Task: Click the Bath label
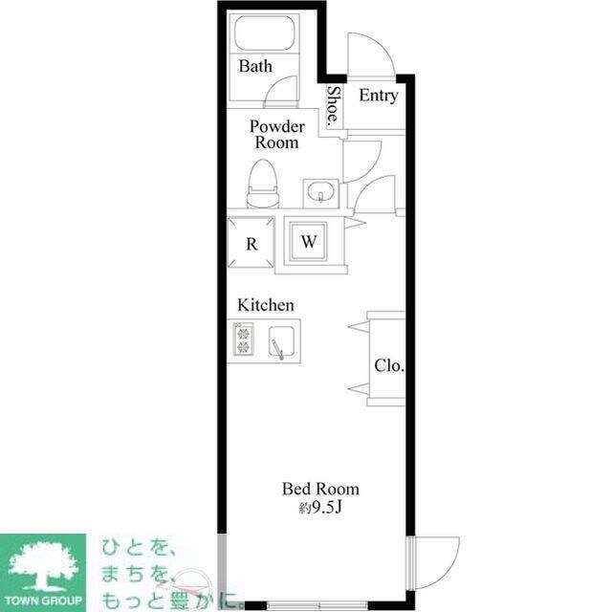click(255, 66)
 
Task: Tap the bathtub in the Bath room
click(264, 33)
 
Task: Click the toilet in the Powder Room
click(263, 184)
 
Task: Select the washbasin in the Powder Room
click(320, 192)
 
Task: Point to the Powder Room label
click(276, 134)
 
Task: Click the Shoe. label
click(334, 107)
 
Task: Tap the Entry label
click(379, 96)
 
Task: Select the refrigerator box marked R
click(251, 243)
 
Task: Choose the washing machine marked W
click(308, 242)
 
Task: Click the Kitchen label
click(266, 305)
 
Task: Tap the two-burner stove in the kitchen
click(244, 339)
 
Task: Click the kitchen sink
click(281, 341)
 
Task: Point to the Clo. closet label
click(389, 365)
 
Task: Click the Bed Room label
click(320, 489)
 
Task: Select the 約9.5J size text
click(320, 508)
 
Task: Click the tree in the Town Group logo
click(43, 565)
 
